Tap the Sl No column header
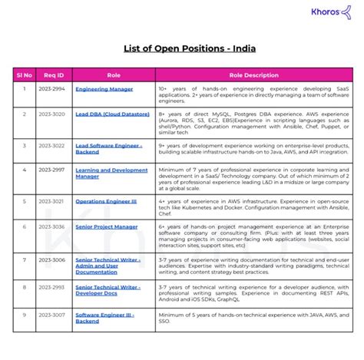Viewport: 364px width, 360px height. point(24,75)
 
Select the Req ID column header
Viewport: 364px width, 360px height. point(54,75)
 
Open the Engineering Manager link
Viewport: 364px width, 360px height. point(104,89)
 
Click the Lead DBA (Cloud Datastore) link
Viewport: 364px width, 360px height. point(112,114)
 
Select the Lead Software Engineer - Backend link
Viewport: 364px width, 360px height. point(108,147)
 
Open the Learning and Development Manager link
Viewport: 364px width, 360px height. point(111,173)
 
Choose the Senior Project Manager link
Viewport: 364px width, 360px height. point(107,226)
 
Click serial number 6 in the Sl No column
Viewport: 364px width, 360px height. point(24,226)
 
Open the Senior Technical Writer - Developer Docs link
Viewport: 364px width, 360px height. point(108,290)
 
